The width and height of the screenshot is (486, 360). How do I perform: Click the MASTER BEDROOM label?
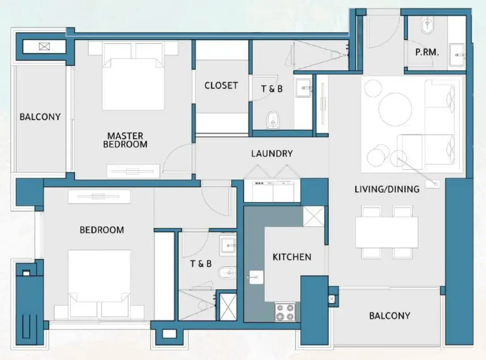tap(125, 140)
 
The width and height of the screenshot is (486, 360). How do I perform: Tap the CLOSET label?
tap(221, 85)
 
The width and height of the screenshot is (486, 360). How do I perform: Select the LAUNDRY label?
tap(272, 154)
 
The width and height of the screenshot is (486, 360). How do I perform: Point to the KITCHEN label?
tap(292, 257)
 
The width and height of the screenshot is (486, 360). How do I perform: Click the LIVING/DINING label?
tap(387, 189)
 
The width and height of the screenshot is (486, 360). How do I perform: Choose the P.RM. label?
tap(427, 52)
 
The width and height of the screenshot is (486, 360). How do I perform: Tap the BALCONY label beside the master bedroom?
tap(40, 117)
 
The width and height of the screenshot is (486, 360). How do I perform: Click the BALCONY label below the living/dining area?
tap(389, 316)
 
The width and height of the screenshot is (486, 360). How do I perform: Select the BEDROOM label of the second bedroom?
tap(102, 230)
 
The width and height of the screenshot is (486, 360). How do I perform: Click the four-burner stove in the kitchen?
tap(285, 311)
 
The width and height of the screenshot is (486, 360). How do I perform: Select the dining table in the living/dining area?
tap(386, 232)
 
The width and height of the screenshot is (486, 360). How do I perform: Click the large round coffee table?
tap(395, 109)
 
